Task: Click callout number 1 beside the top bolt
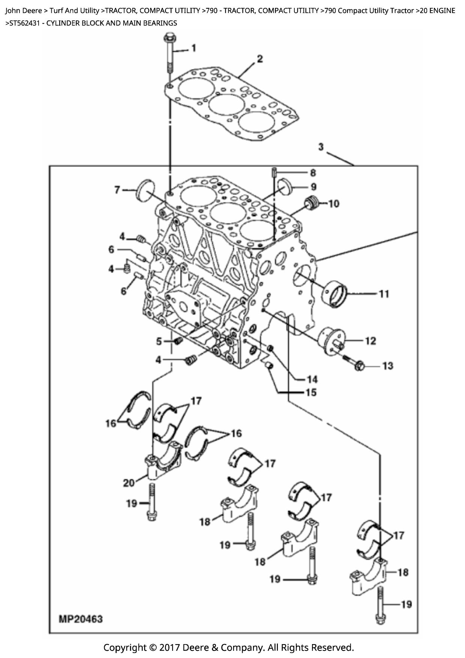tap(193, 48)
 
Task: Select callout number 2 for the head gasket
tap(259, 59)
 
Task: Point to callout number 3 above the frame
tap(321, 146)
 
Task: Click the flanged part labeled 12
tap(330, 340)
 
